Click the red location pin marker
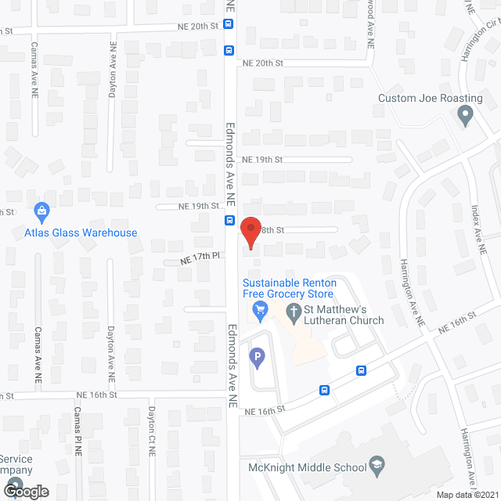pos(250,232)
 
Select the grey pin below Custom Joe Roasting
pos(466,117)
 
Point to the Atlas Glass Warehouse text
pos(81,232)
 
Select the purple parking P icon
pos(256,359)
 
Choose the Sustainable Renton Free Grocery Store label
pos(288,288)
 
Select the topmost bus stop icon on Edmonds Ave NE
pos(228,23)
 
